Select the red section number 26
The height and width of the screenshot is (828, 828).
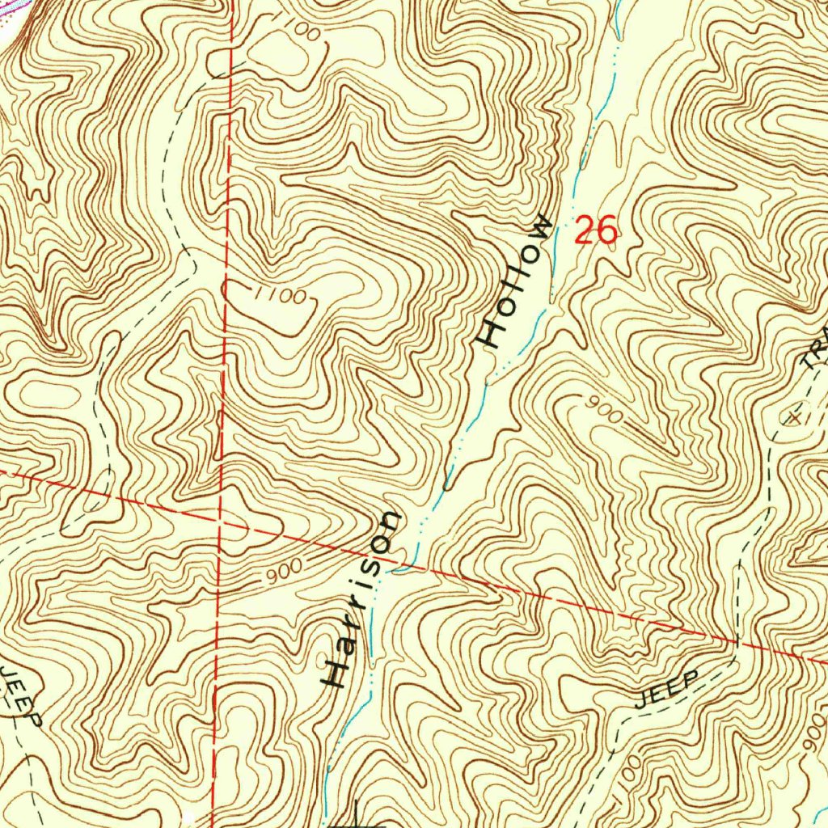point(596,233)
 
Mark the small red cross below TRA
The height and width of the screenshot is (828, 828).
point(796,417)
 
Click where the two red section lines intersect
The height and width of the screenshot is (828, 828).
point(219,521)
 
